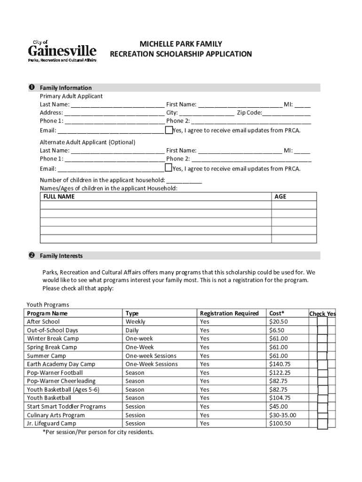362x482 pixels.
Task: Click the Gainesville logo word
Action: point(63,51)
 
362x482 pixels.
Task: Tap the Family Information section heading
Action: point(66,88)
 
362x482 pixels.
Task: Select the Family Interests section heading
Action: point(61,256)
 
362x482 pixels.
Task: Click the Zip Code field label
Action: point(249,112)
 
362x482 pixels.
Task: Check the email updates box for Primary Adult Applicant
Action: point(168,129)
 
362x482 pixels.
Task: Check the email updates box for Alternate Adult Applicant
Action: point(168,168)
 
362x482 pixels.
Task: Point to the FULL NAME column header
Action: point(59,197)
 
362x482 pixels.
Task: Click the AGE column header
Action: point(280,197)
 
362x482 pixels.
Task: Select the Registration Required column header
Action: point(229,313)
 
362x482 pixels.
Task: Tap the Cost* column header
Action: point(277,313)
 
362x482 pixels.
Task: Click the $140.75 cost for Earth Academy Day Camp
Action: point(280,364)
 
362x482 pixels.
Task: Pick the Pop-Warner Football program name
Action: point(55,373)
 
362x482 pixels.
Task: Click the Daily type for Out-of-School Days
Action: point(132,330)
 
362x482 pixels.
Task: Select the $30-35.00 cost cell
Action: point(283,415)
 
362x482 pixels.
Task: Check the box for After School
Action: point(322,321)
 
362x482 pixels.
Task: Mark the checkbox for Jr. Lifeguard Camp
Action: point(322,424)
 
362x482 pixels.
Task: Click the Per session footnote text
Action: point(98,432)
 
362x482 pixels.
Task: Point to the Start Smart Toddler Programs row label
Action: point(66,407)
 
